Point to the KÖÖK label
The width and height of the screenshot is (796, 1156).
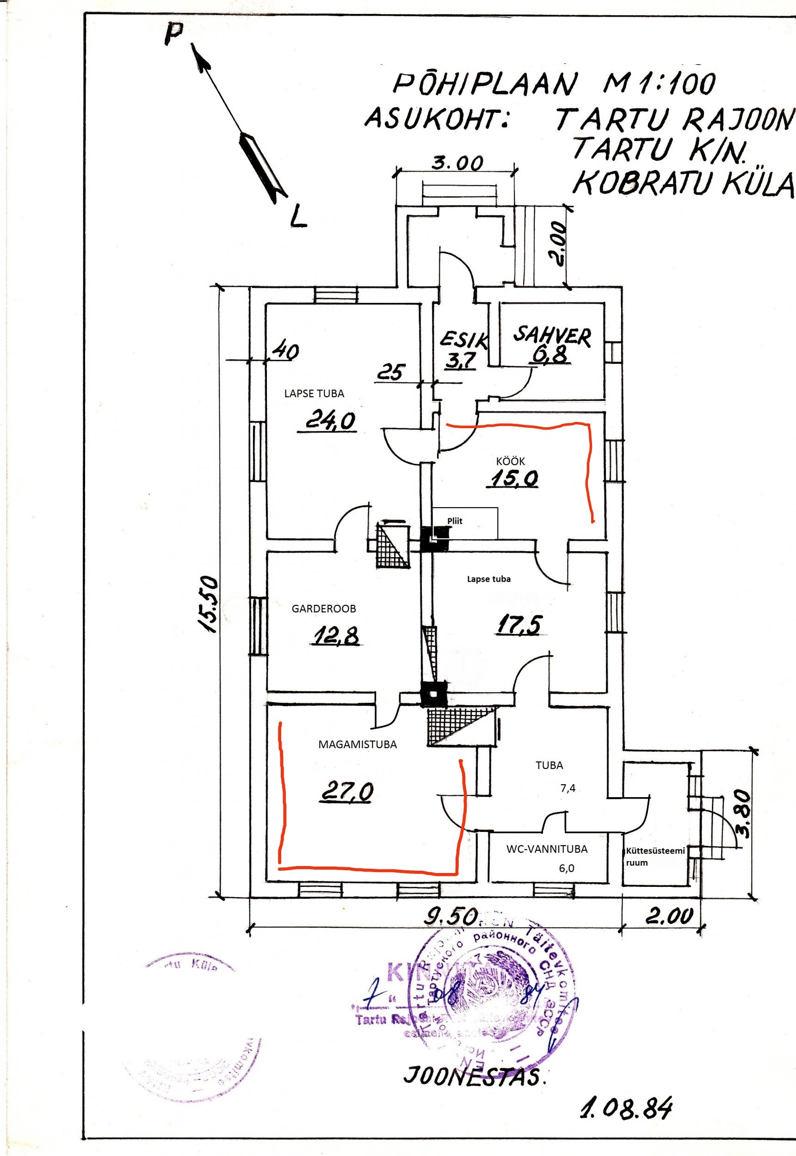click(x=511, y=461)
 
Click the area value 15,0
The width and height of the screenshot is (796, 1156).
click(x=514, y=479)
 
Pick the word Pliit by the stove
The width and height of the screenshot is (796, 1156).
click(x=454, y=521)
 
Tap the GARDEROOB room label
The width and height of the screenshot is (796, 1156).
click(x=324, y=609)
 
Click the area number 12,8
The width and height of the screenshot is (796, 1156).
click(x=337, y=636)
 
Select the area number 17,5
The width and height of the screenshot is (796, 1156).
click(x=518, y=625)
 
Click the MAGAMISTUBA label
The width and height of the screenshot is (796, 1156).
click(x=358, y=744)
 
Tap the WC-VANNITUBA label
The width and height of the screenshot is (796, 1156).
click(x=547, y=849)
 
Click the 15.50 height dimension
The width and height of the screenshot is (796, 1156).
click(x=208, y=605)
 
